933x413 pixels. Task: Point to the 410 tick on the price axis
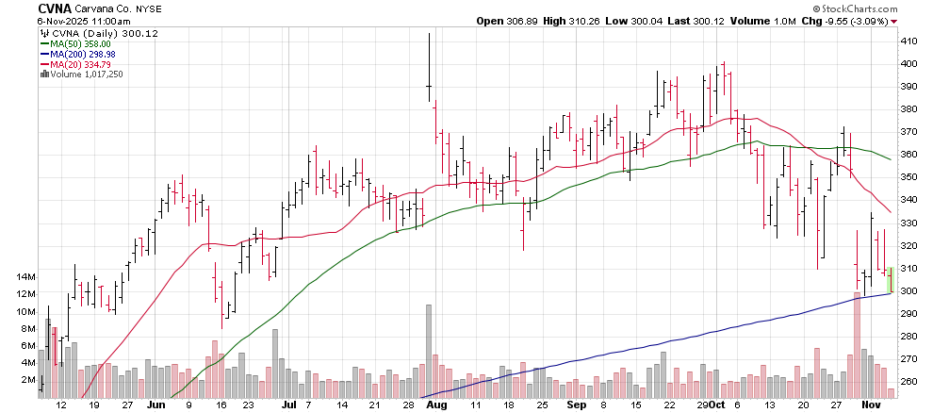(x=910, y=41)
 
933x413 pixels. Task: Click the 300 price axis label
(x=910, y=290)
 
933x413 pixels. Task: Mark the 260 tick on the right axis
(x=910, y=381)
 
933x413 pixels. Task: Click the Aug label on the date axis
(x=435, y=405)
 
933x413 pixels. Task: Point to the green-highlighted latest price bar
(x=892, y=280)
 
